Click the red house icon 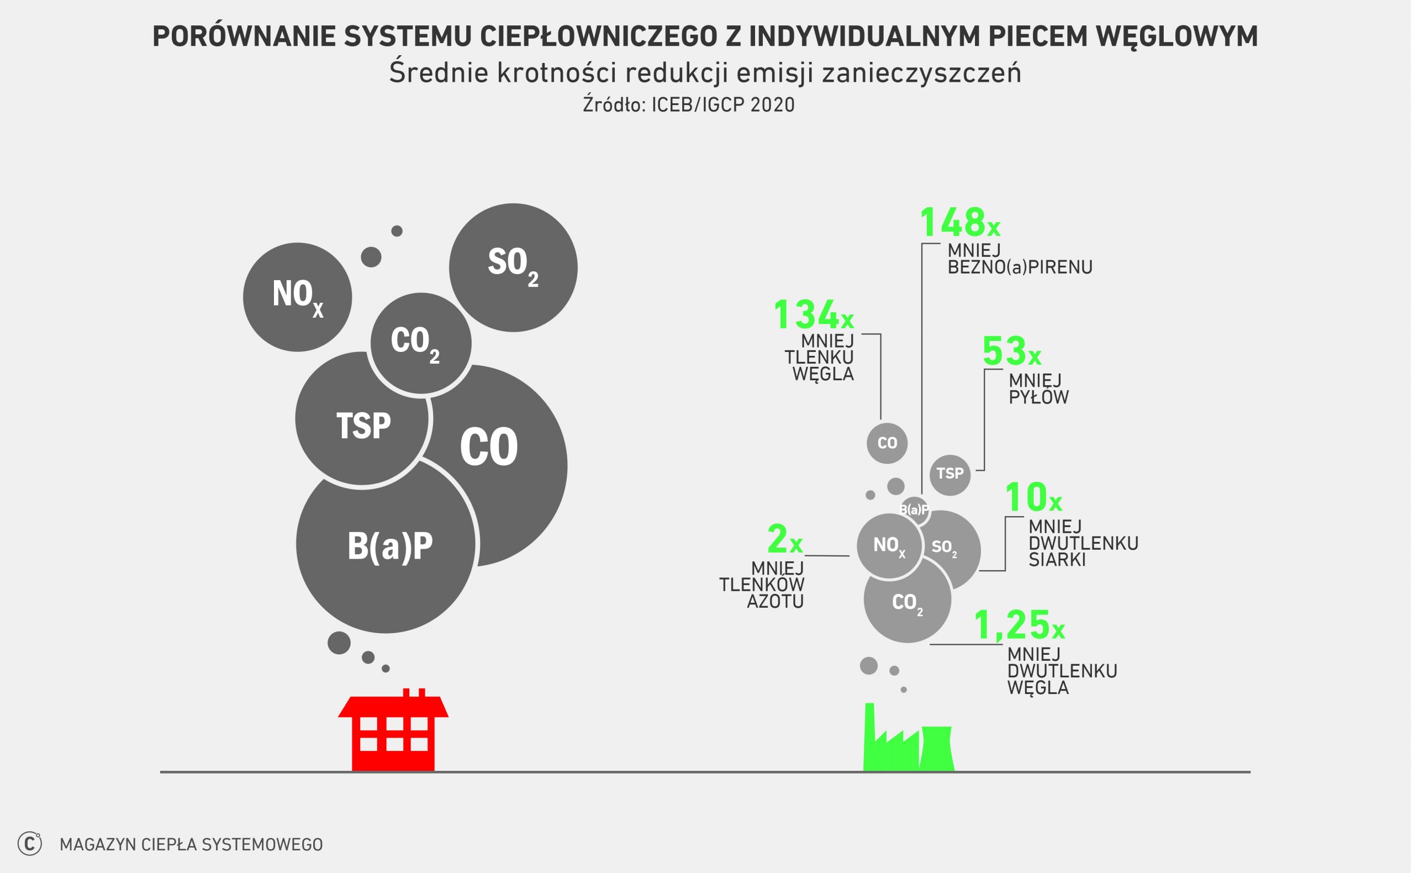coord(393,730)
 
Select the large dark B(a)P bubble coord(386,544)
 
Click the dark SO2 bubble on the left coord(513,267)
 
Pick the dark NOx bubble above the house coord(297,297)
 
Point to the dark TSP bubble coord(362,419)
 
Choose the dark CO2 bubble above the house coord(421,344)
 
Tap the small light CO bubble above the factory coord(887,443)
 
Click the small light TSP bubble coord(950,475)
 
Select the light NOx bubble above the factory coord(889,546)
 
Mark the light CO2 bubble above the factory coord(908,599)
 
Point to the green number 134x coord(814,315)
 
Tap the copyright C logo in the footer coord(30,844)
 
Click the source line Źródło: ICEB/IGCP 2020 coord(689,105)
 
